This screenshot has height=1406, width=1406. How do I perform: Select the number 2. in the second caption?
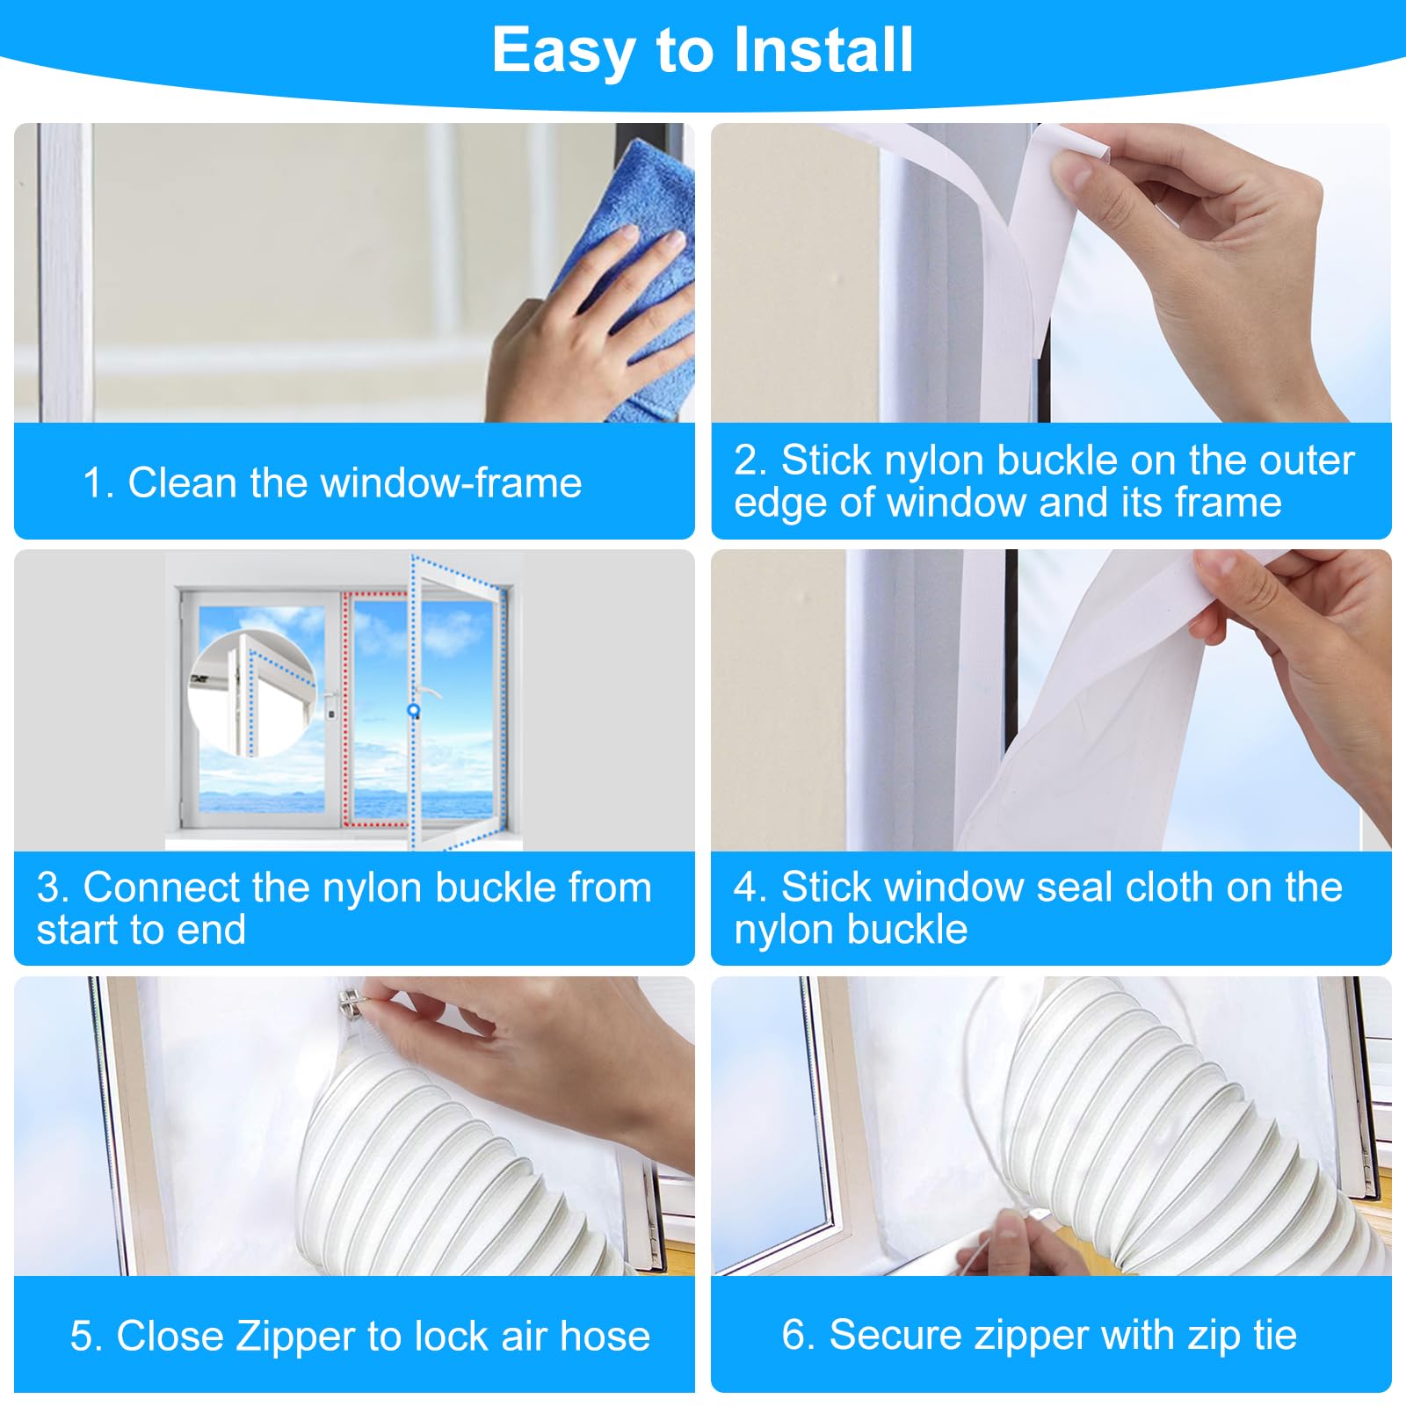click(751, 460)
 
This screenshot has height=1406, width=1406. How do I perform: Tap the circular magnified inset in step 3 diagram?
click(252, 693)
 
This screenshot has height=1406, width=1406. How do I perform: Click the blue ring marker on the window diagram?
click(413, 710)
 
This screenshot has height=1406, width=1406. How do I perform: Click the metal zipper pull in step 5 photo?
click(351, 1001)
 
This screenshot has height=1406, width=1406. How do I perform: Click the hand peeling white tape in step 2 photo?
click(1213, 255)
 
